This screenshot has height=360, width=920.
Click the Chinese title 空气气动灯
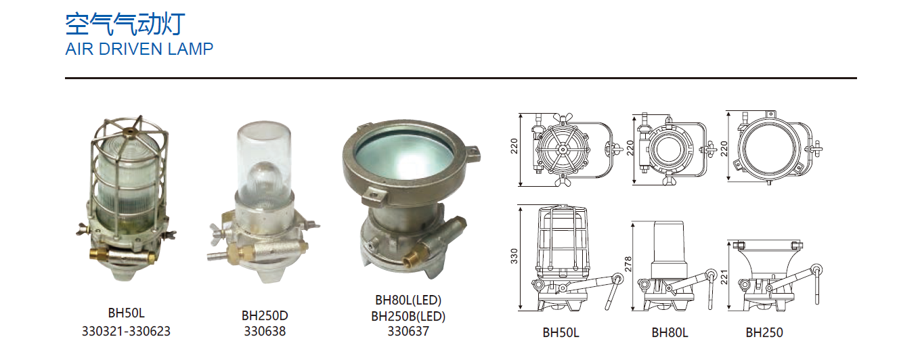tap(125, 24)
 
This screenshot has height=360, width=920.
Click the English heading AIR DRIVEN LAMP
tap(139, 49)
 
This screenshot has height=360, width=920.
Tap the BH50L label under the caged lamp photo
tap(126, 313)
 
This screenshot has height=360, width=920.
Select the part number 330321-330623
tap(126, 332)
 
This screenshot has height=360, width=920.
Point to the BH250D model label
tap(265, 315)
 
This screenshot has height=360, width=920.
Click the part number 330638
tap(265, 332)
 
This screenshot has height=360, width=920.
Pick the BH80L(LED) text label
tap(408, 300)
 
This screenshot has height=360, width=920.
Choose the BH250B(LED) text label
tap(408, 316)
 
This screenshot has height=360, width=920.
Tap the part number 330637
tap(408, 332)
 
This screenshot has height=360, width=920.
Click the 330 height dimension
tap(514, 256)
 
